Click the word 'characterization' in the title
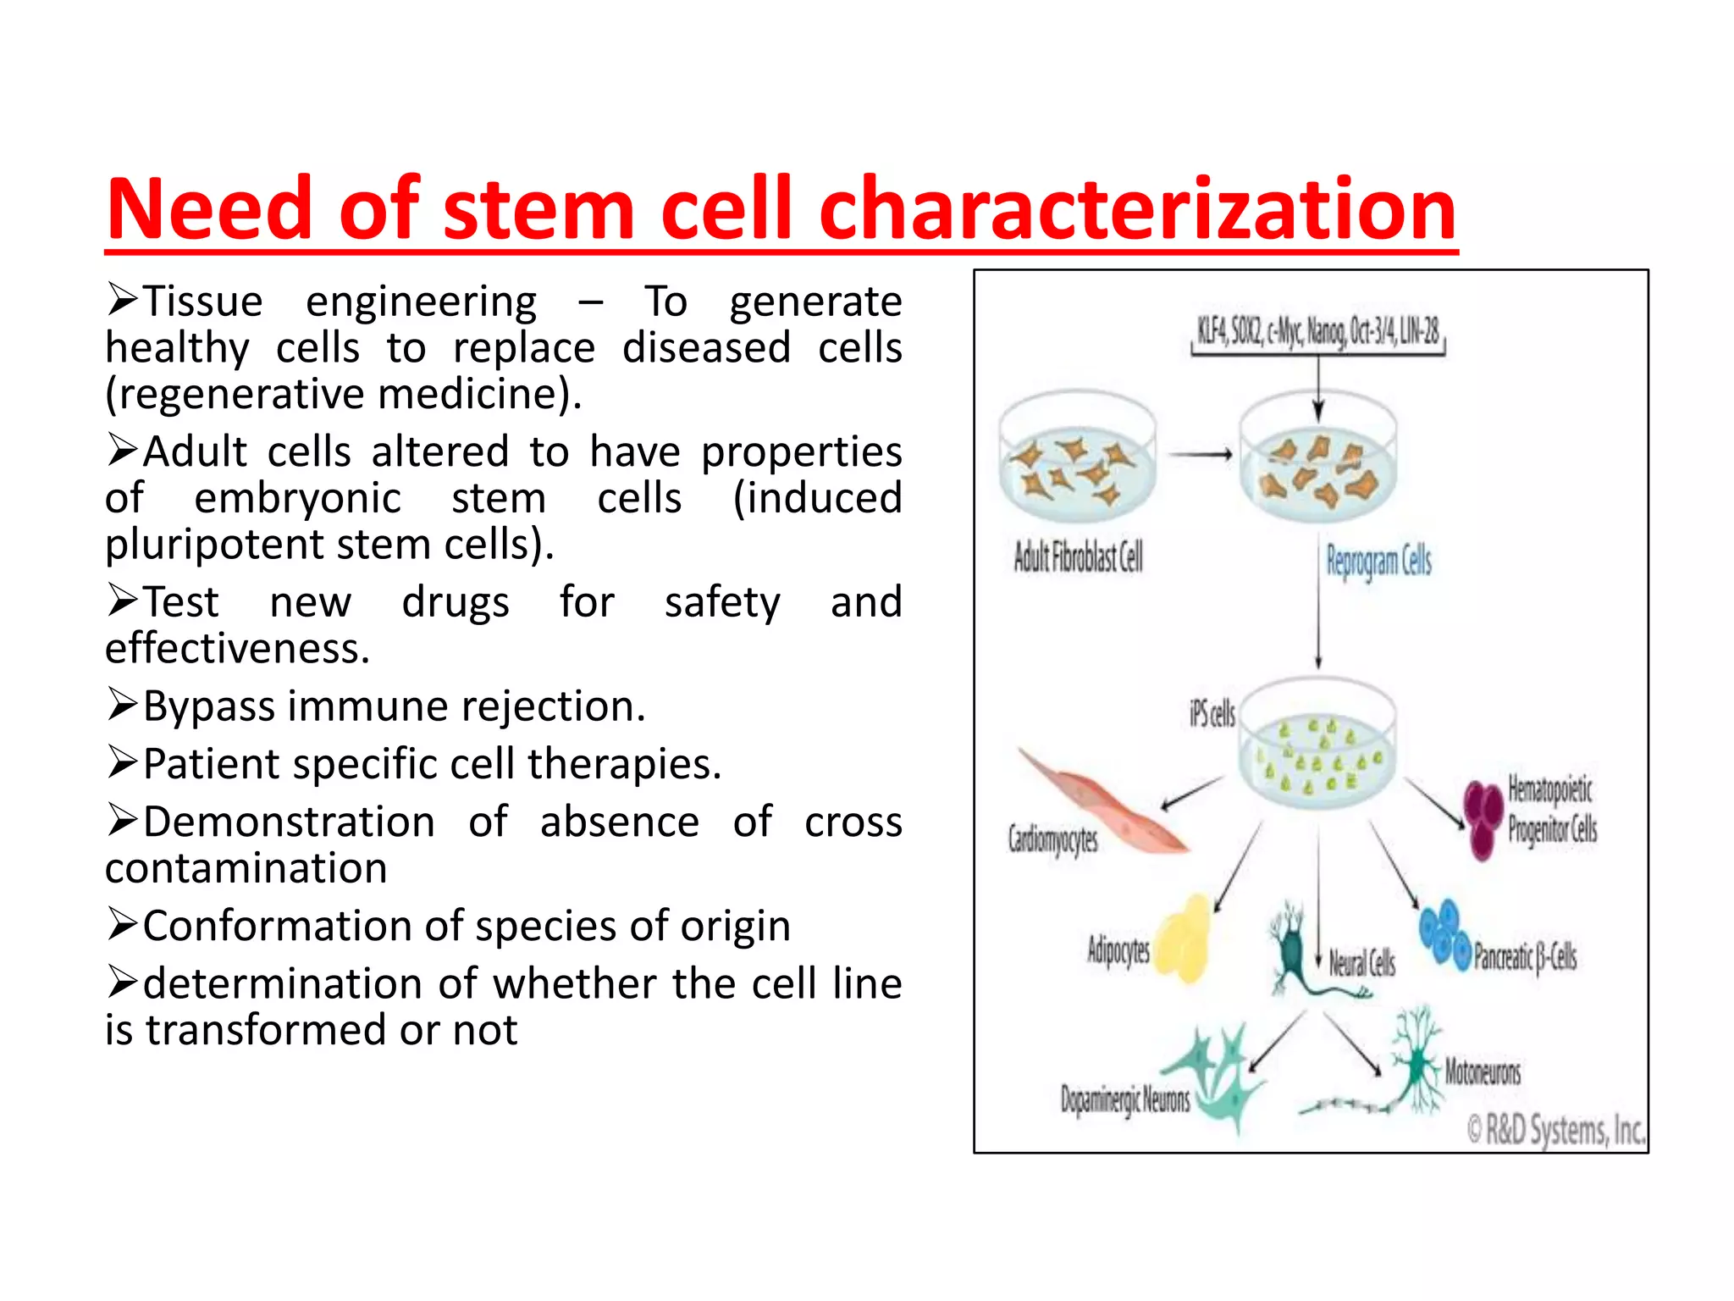(1136, 209)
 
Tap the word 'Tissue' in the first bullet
(202, 302)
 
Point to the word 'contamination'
(246, 868)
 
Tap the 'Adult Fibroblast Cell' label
(1078, 557)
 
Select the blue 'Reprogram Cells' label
(1378, 562)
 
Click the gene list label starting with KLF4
(1317, 331)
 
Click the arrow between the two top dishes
(1201, 455)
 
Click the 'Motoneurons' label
(1482, 1071)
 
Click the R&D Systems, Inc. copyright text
(1555, 1130)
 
